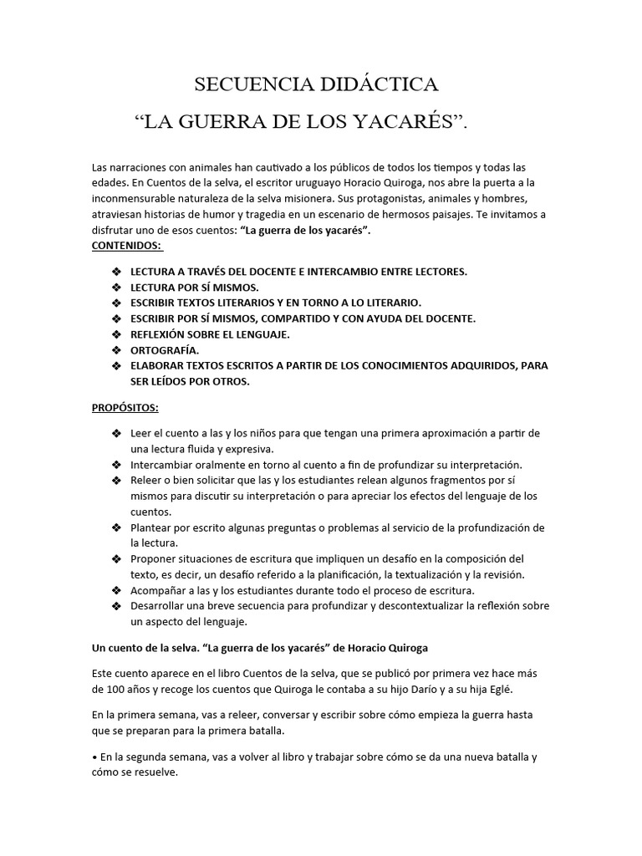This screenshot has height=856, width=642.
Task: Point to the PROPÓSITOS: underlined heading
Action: [x=125, y=407]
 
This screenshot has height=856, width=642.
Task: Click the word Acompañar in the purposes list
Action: [x=159, y=591]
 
